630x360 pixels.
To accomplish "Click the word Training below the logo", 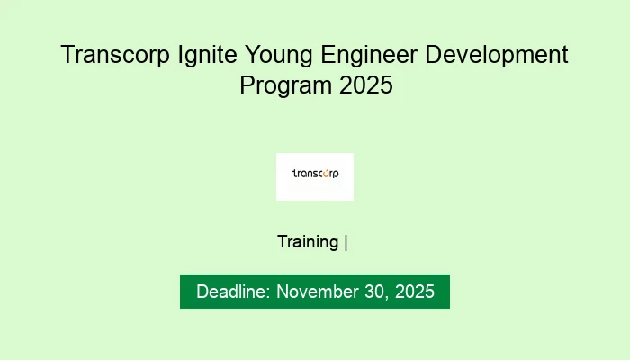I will tap(308, 242).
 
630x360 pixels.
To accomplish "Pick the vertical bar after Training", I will tap(346, 242).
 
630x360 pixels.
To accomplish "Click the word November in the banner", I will tap(316, 292).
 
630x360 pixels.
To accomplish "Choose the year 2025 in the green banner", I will tap(414, 292).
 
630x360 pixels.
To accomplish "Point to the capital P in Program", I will tap(247, 86).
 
